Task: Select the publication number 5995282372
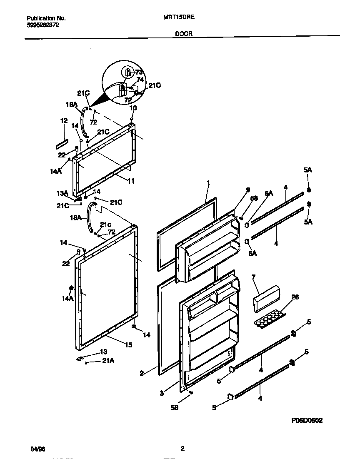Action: click(43, 25)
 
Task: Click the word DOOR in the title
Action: click(184, 35)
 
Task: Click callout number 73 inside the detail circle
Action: click(139, 72)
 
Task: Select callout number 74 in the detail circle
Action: click(140, 79)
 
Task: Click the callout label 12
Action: click(64, 121)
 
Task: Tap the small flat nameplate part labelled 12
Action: click(62, 145)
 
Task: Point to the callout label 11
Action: click(130, 181)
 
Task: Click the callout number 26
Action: click(295, 297)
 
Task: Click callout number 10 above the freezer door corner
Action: click(133, 108)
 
